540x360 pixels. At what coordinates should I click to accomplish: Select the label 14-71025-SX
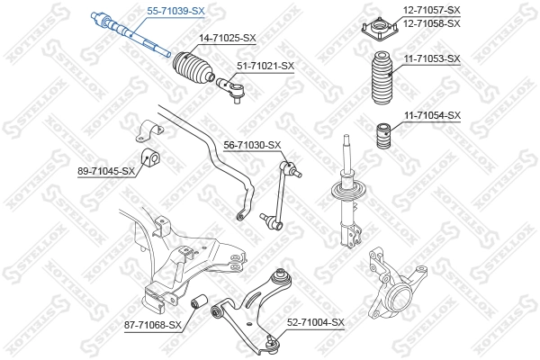227,38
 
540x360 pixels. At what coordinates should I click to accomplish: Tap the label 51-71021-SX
265,66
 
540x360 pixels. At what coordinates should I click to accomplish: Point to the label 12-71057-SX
430,10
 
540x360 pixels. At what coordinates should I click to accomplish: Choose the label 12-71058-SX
430,23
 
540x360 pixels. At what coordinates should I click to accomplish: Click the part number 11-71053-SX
430,58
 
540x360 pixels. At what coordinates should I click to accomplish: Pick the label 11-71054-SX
430,115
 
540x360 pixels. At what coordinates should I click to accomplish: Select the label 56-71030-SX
252,145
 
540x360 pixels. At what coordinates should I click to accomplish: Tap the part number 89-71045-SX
106,171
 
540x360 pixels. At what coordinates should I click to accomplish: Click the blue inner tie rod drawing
130,34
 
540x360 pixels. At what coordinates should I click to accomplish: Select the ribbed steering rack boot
193,69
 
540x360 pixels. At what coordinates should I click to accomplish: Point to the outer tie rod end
232,88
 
